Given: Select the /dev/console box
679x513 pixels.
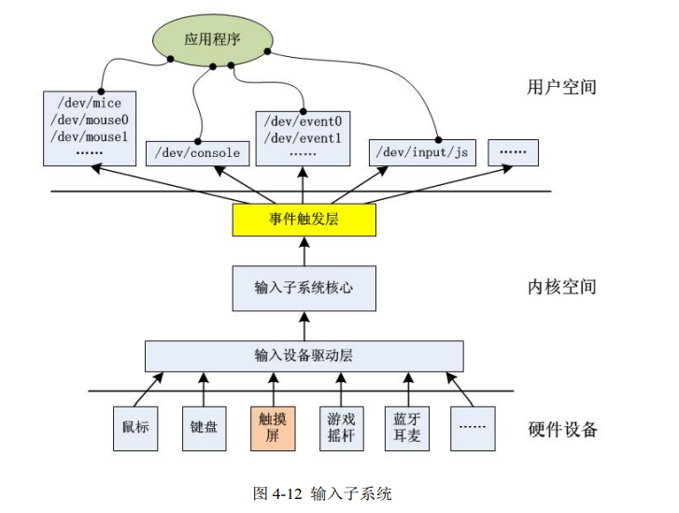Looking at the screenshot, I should (198, 153).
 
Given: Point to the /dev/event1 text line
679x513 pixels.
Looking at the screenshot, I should (303, 137).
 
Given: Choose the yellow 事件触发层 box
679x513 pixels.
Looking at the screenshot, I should (304, 220).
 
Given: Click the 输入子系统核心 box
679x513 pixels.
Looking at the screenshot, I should (304, 288).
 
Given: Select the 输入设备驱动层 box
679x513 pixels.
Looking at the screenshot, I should (304, 356).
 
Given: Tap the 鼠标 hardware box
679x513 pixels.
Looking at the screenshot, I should (134, 427).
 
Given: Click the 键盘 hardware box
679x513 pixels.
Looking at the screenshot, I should (203, 427).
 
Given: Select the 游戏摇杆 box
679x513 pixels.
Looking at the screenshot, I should (340, 427).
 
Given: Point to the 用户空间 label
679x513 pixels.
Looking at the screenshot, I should (560, 88).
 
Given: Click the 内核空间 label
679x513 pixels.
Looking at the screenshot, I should (560, 287).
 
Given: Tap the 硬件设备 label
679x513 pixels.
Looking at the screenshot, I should (561, 430).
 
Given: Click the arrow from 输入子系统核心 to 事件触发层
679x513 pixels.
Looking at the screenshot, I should (304, 250).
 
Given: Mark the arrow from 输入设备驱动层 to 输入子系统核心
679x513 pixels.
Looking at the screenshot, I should (304, 325).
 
